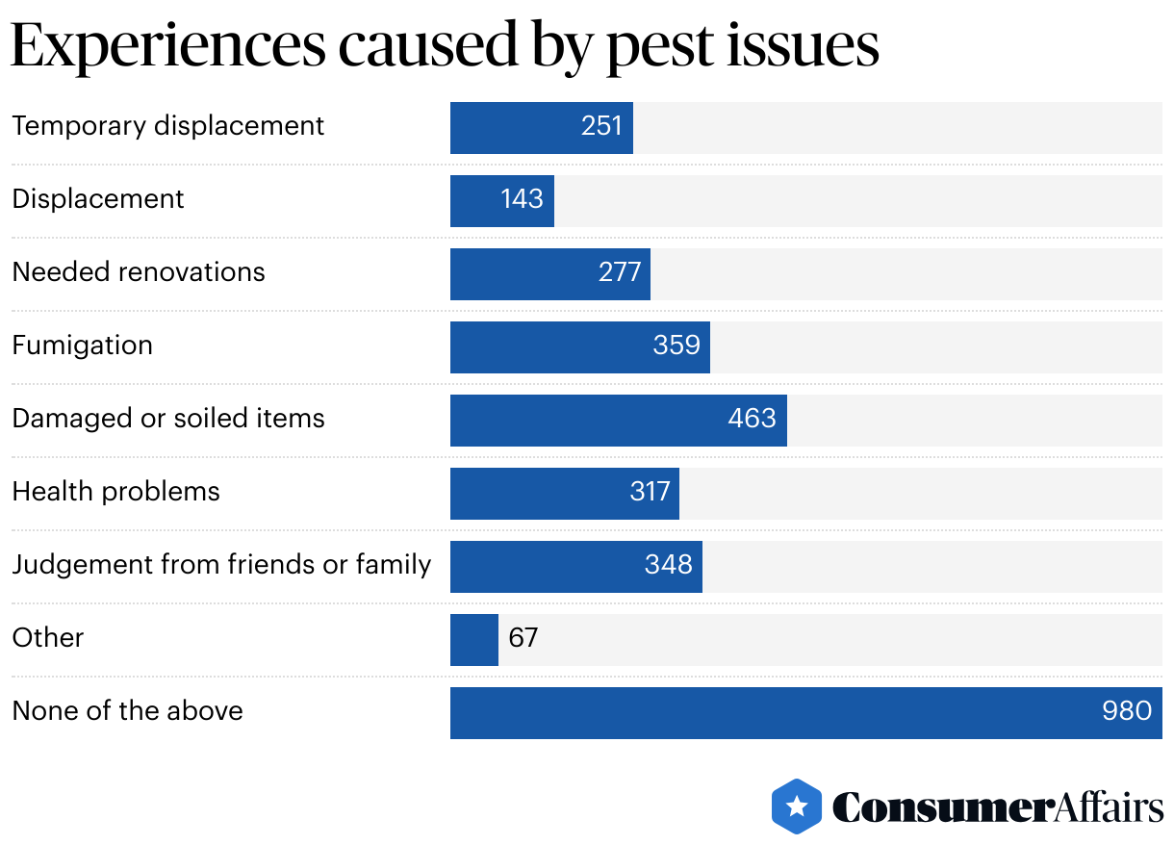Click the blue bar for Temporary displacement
[541, 127]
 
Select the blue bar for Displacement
[501, 200]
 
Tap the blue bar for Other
[473, 639]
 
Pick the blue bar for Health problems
[564, 493]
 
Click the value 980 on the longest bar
[1126, 711]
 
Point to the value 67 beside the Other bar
[523, 638]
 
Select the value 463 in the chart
[752, 419]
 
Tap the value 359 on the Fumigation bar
[676, 346]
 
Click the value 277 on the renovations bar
[620, 272]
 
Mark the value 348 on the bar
[669, 565]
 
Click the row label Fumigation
[82, 346]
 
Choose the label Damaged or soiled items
[168, 419]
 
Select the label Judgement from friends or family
[221, 565]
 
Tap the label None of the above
[127, 711]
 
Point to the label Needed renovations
[138, 272]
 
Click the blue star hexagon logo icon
[797, 807]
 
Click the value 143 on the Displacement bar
[522, 199]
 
